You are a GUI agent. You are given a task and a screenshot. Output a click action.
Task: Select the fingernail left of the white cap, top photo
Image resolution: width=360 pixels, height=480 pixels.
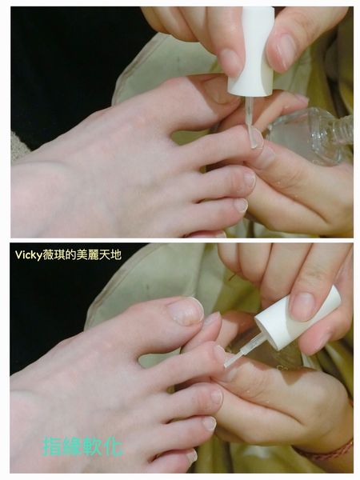pyautogui.click(x=232, y=62)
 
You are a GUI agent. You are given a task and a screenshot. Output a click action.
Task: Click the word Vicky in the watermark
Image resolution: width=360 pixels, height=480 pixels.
pyautogui.click(x=29, y=255)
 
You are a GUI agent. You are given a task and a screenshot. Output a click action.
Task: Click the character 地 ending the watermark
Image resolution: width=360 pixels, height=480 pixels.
pyautogui.click(x=115, y=254)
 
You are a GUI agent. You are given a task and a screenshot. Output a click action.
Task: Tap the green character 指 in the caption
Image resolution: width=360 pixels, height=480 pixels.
pyautogui.click(x=52, y=446)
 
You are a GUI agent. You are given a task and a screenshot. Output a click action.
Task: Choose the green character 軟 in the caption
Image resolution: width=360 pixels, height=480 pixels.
pyautogui.click(x=93, y=446)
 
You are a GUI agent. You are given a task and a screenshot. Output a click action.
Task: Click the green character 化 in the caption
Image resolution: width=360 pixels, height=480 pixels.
pyautogui.click(x=114, y=446)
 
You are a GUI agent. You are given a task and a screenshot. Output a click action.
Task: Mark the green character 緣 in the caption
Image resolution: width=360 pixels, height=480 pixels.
pyautogui.click(x=73, y=446)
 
